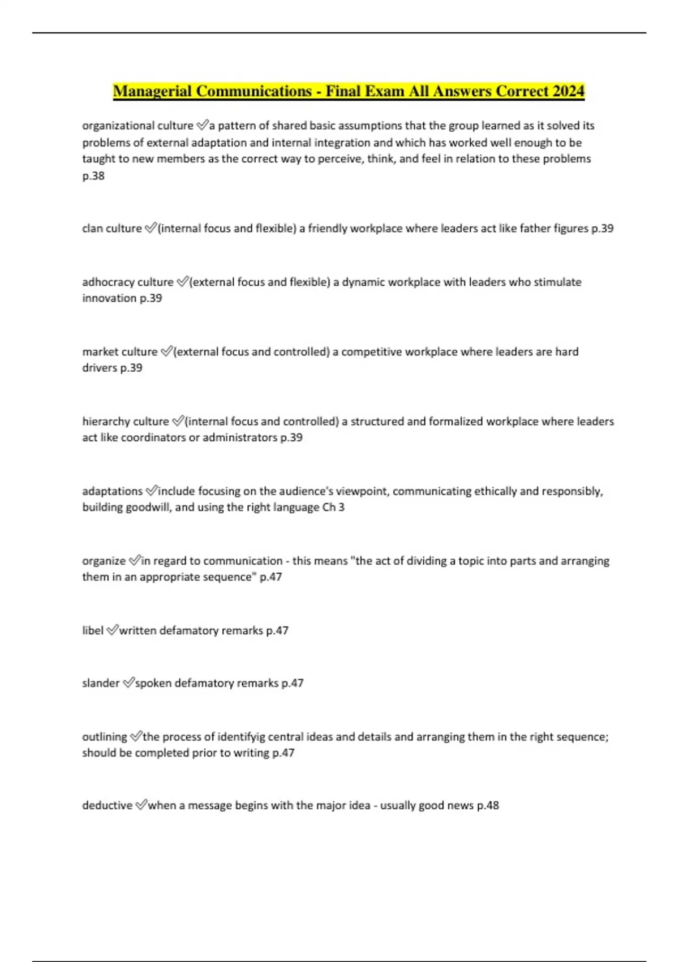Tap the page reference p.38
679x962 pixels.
(93, 175)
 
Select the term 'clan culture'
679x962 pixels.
(111, 228)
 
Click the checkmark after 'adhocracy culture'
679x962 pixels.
(182, 281)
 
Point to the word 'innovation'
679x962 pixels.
(109, 298)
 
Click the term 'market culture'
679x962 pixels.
(119, 351)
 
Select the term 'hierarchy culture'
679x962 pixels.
(125, 421)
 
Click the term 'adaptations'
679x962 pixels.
(112, 491)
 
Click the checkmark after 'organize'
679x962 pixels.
(135, 560)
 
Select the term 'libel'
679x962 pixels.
(93, 630)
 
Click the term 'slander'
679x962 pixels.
(101, 682)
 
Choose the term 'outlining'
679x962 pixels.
(105, 736)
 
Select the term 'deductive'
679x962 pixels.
(107, 805)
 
